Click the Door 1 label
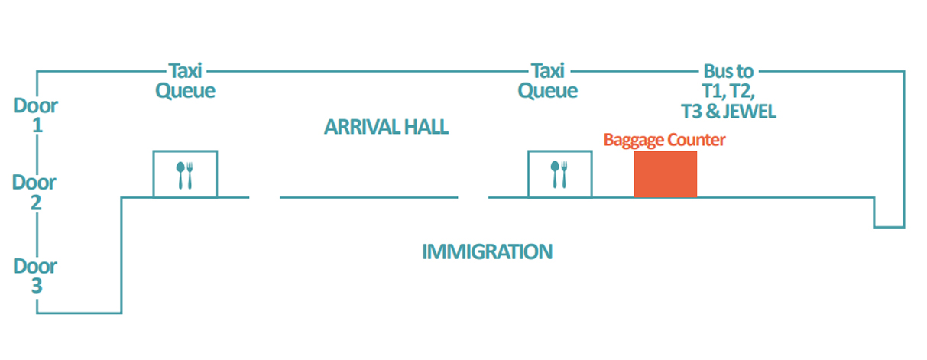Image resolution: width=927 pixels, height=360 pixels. (x=35, y=115)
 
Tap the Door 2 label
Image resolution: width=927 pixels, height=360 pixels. (x=35, y=193)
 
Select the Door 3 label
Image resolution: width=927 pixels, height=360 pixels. (x=35, y=276)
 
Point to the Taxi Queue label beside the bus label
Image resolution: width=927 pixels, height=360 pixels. (x=548, y=81)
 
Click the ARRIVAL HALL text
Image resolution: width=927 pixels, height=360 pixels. (x=386, y=127)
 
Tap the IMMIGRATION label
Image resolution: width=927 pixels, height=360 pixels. (x=487, y=251)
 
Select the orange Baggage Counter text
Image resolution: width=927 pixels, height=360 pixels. (x=664, y=140)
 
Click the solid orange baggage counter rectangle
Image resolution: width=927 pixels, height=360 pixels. (x=665, y=174)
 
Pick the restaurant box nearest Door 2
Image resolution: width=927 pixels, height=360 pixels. (x=185, y=174)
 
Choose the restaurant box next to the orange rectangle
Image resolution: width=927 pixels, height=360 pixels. (x=559, y=174)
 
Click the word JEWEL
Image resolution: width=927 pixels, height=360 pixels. (x=751, y=112)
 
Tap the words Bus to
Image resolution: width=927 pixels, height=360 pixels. (x=728, y=72)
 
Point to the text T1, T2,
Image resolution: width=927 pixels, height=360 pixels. (x=728, y=92)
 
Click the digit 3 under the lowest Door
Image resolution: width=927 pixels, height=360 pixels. (x=36, y=287)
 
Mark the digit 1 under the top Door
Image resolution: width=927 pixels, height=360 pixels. (x=36, y=125)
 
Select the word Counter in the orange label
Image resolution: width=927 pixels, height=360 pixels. (x=695, y=140)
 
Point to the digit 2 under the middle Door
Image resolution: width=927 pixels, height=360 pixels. (x=36, y=203)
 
